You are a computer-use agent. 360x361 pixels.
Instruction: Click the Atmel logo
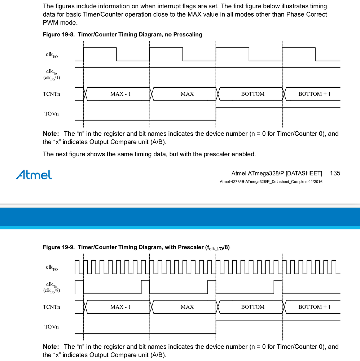[34, 175]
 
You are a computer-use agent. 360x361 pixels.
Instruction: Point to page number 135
[335, 173]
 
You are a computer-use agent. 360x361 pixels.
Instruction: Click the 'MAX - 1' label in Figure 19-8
[120, 94]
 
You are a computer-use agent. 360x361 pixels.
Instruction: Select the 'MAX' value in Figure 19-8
[187, 94]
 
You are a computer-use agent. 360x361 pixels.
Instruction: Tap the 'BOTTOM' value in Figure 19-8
[253, 94]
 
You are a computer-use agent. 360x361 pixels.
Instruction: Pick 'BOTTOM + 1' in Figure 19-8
[314, 94]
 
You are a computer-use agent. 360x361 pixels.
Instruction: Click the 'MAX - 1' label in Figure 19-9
[120, 307]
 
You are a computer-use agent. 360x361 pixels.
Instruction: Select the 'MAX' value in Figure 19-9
[187, 307]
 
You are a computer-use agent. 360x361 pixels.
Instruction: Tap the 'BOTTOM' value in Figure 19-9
[253, 307]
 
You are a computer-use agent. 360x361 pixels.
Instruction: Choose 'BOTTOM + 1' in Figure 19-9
[314, 307]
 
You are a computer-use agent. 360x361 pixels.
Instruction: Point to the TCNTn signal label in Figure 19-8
[51, 94]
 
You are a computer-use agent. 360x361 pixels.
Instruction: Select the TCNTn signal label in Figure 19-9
[51, 307]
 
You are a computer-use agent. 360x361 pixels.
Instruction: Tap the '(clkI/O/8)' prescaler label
[52, 290]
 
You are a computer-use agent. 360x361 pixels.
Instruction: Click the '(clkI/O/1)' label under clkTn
[52, 77]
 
